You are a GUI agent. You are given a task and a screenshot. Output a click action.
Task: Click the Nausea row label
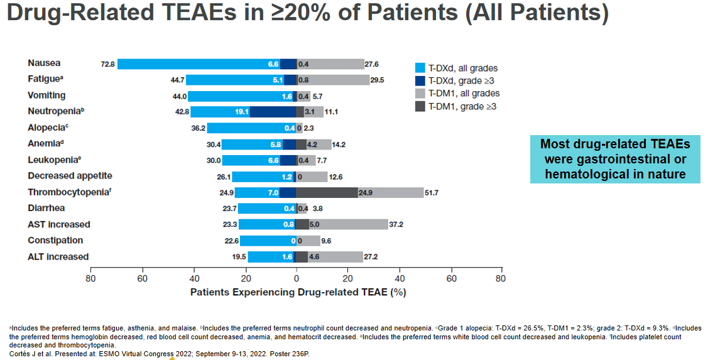(x=44, y=63)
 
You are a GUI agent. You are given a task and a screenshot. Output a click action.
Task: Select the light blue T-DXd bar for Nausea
(x=188, y=63)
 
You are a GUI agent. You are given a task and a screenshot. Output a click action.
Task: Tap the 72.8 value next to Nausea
(x=107, y=64)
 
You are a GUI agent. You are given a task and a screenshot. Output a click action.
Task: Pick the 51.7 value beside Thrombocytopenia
(x=434, y=192)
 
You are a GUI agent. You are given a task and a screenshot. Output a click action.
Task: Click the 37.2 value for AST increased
(x=396, y=224)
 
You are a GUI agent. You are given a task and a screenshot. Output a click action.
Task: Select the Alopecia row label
(x=46, y=128)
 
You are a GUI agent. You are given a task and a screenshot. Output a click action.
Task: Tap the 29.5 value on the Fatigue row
(x=378, y=80)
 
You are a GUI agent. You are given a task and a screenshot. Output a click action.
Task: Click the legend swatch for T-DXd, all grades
(x=421, y=68)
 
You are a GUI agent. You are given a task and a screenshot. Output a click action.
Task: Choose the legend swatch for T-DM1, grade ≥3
(x=421, y=106)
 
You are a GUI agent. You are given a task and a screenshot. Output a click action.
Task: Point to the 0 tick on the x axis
(x=297, y=278)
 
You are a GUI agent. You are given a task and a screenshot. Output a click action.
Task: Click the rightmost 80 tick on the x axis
(x=500, y=278)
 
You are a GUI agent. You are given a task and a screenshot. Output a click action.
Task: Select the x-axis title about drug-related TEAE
(x=298, y=292)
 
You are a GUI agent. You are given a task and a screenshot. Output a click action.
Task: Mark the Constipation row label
(x=55, y=240)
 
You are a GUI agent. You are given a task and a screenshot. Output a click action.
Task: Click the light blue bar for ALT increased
(x=264, y=257)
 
